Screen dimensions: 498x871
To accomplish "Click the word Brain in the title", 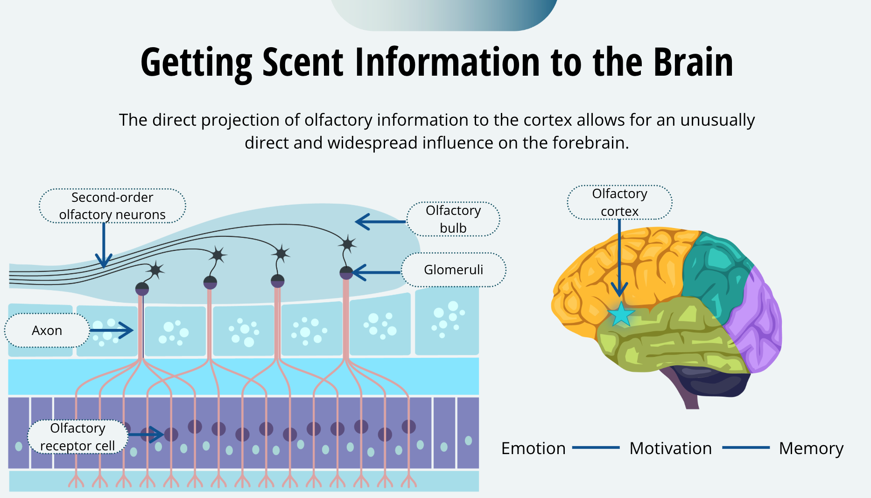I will click(693, 63).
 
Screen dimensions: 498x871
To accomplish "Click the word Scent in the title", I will click(303, 63).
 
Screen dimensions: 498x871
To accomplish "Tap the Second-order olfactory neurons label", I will click(112, 206).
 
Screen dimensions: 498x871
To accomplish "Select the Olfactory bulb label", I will click(453, 219).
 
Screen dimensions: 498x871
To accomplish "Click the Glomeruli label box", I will click(453, 270).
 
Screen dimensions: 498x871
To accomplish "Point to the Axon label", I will click(47, 330).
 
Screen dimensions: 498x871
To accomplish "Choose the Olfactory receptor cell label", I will click(77, 437).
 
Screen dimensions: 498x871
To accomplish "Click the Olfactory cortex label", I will click(619, 202).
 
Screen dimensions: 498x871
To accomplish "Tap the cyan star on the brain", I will click(621, 314).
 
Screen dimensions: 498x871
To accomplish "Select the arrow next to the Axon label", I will click(112, 330).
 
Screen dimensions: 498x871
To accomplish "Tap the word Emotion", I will click(533, 448).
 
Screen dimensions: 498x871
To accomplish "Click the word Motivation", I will click(670, 448).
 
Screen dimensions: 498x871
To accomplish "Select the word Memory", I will click(811, 448).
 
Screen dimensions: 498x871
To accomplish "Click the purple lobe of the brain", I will click(756, 322).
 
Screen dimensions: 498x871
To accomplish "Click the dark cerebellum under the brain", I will click(709, 381).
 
